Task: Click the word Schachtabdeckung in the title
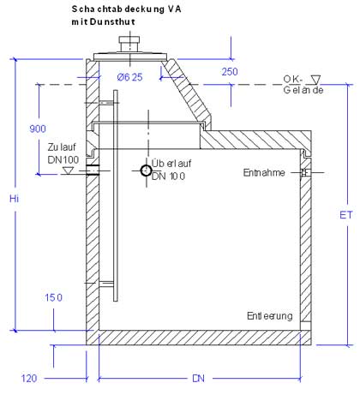[x=118, y=9]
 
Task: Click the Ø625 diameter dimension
[x=129, y=77]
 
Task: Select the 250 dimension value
[x=230, y=72]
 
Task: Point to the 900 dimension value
[x=38, y=129]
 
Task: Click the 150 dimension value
[x=53, y=297]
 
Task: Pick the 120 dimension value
[x=29, y=379]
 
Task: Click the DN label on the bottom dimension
[x=198, y=379]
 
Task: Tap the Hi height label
[x=14, y=199]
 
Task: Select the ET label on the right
[x=345, y=215]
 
